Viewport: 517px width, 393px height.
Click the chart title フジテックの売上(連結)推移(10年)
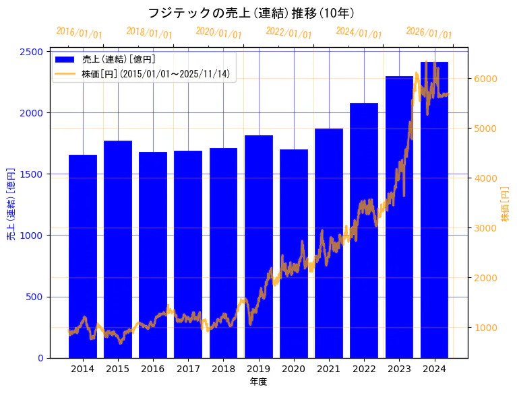point(251,13)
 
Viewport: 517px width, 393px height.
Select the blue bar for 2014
point(83,256)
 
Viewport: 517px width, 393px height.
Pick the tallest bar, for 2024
point(434,209)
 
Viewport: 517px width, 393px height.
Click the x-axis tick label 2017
point(188,369)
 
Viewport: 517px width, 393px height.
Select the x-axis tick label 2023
point(399,369)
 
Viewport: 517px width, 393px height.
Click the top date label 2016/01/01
point(80,32)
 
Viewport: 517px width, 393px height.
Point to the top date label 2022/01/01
point(289,32)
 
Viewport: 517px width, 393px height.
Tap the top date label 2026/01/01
point(429,32)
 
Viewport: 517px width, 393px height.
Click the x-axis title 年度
point(258,382)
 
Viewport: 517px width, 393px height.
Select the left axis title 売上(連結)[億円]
point(11,205)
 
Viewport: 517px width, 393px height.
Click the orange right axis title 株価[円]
point(505,205)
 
